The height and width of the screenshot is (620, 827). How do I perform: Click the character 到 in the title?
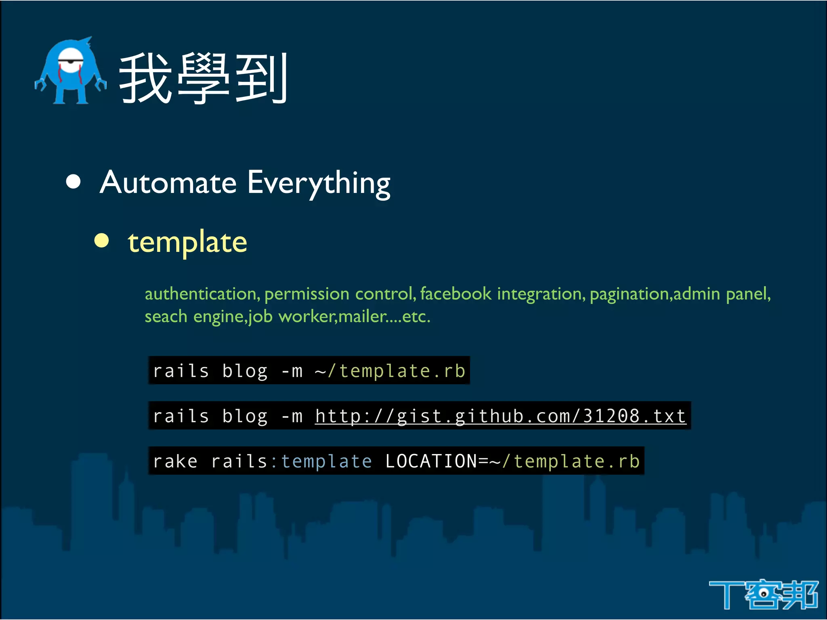261,79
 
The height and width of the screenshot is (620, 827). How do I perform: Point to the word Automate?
168,183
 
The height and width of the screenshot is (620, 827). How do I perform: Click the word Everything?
319,184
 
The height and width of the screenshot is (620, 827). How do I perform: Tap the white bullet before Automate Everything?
73,182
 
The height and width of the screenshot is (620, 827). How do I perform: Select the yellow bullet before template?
102,241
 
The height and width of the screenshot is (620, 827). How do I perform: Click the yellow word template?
187,243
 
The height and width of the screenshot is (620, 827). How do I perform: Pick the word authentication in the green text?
202,294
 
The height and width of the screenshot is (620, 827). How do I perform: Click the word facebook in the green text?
455,294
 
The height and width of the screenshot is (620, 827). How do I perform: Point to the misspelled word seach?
166,316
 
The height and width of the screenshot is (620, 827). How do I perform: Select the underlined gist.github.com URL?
500,416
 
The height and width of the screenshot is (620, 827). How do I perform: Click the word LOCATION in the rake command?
431,461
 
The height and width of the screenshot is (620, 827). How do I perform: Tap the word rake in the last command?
175,461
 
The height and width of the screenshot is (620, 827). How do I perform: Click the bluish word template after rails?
326,461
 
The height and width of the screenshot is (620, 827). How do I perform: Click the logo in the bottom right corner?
763,594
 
